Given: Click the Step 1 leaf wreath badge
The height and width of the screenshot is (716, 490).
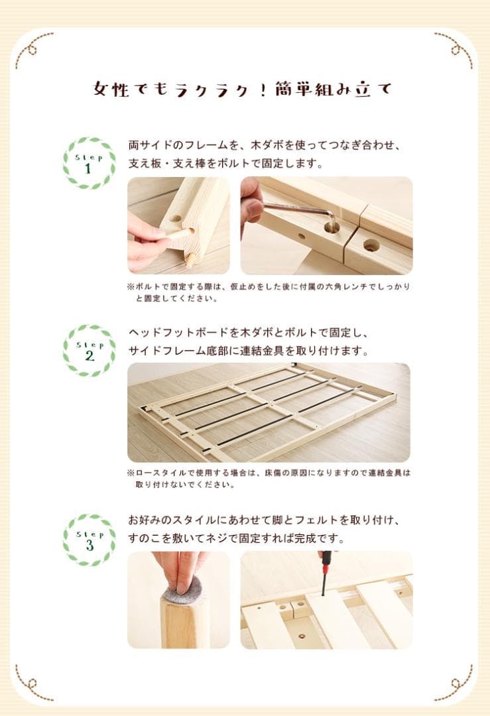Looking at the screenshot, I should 89,163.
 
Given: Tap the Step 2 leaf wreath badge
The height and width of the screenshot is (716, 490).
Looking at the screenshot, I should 89,351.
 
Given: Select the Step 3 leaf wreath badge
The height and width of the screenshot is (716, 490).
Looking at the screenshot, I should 89,539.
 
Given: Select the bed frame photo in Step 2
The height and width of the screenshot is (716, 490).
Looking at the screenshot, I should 269,412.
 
